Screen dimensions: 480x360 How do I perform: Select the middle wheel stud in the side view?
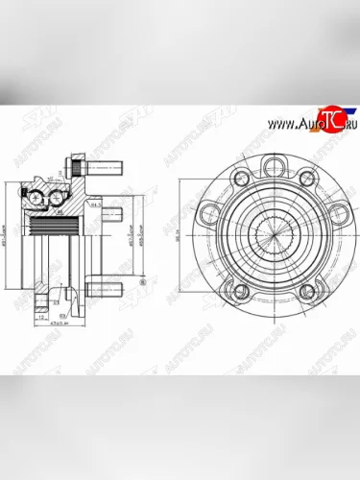tap(112, 212)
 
